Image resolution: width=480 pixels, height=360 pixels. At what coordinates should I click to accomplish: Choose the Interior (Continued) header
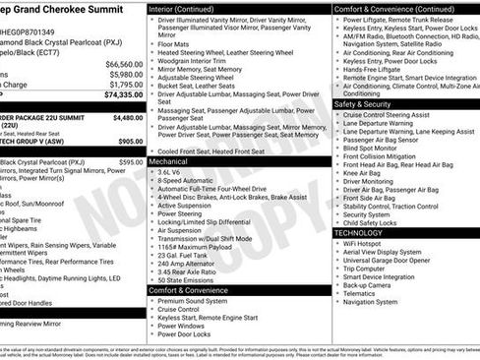[189, 8]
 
